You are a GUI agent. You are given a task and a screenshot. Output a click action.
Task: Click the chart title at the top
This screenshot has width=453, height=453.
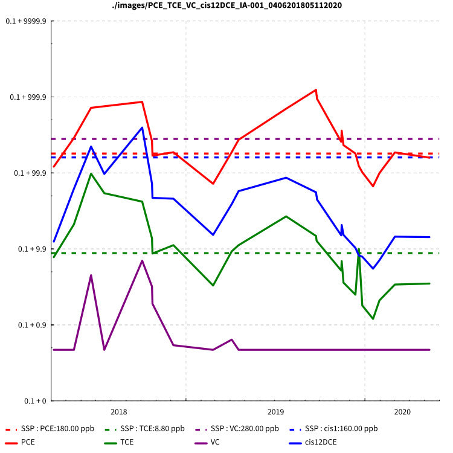[x=226, y=5]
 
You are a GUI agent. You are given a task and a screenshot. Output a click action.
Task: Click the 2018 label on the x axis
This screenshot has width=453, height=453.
[x=119, y=412]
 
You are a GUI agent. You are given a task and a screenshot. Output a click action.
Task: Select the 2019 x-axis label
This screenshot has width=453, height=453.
[x=275, y=412]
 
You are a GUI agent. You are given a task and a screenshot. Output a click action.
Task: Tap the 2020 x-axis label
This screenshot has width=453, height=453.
[x=402, y=412]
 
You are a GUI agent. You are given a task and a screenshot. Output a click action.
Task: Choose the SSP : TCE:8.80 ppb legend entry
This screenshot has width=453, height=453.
[x=152, y=429]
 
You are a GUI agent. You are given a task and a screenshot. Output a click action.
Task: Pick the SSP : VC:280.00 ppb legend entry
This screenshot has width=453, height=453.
[x=245, y=429]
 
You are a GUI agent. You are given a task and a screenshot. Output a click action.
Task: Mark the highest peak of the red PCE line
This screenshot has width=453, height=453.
[x=316, y=90]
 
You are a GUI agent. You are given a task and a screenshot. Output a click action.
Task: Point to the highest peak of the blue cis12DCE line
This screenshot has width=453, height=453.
[x=142, y=127]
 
